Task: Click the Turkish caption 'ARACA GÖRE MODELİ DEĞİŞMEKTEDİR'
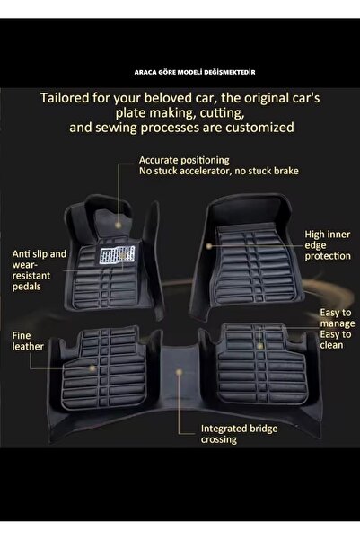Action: [x=195, y=72]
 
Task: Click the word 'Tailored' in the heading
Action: [x=65, y=98]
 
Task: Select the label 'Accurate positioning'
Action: [x=184, y=161]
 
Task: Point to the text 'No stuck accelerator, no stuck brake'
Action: [x=219, y=171]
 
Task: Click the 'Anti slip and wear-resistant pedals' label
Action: [x=40, y=270]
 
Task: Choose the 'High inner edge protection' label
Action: [x=328, y=245]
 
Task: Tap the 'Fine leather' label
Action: [x=28, y=341]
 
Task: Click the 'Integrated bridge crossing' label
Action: [x=239, y=434]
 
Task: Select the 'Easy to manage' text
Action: [x=338, y=318]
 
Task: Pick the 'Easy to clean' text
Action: [x=336, y=340]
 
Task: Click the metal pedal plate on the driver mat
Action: [x=117, y=256]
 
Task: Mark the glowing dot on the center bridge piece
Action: [x=179, y=372]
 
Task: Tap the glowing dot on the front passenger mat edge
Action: [x=208, y=246]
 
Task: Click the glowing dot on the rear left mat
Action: [x=92, y=368]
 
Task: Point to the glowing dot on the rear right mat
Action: [x=260, y=345]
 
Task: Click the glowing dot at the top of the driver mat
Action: [x=118, y=226]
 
